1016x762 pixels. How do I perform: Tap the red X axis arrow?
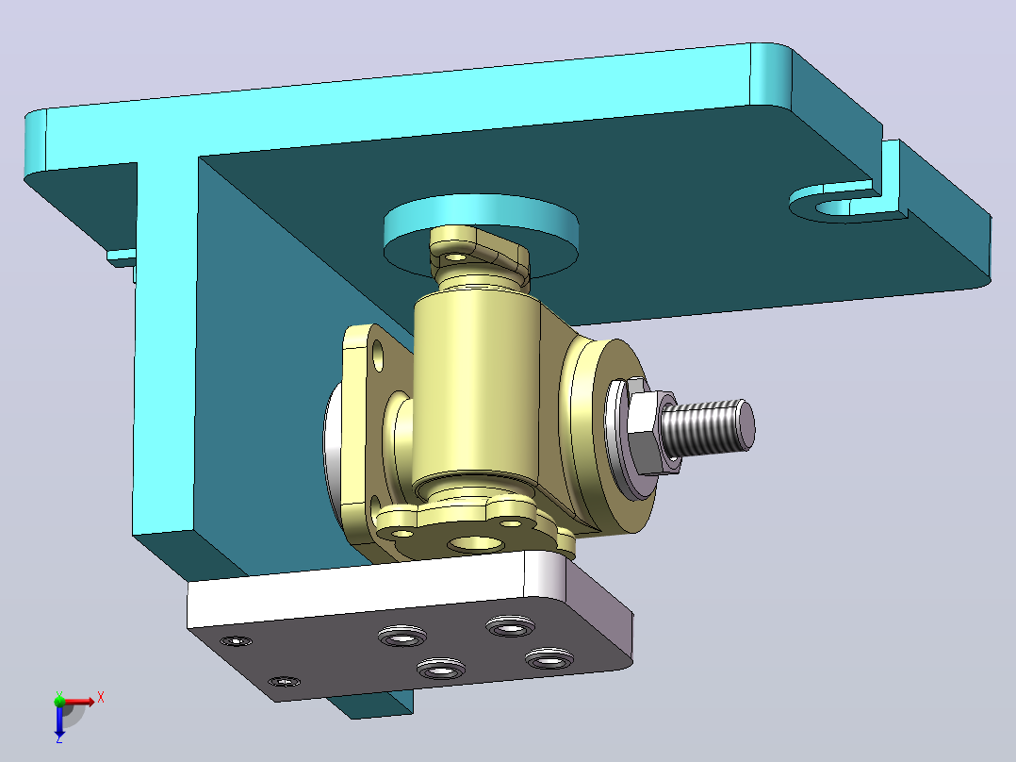point(77,702)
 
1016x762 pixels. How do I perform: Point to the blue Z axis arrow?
point(59,720)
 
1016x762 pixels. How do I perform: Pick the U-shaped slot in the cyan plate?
point(843,206)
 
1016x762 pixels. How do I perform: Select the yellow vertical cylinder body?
point(476,389)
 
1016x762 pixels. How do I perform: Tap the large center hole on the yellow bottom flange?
point(476,543)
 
